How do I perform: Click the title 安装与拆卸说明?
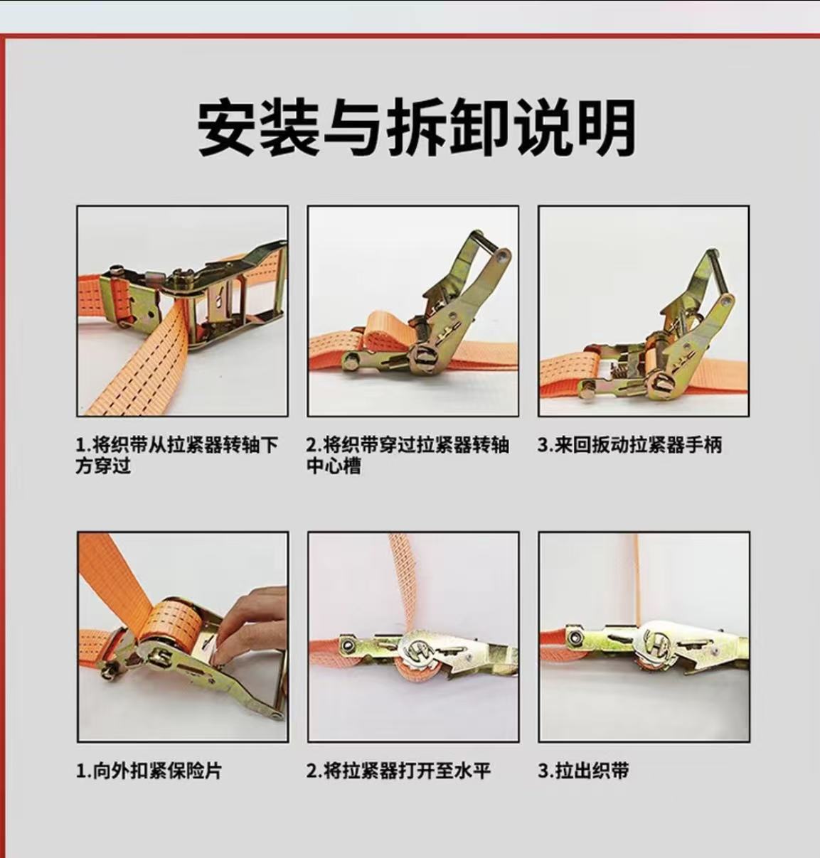click(415, 128)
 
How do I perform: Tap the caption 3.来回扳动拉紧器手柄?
click(629, 444)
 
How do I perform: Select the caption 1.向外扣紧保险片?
click(149, 771)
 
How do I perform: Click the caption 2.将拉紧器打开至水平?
click(398, 771)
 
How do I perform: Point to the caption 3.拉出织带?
click(583, 771)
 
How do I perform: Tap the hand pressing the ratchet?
click(249, 626)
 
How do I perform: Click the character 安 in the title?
click(227, 128)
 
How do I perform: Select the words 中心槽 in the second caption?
click(334, 466)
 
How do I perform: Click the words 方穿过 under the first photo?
click(103, 466)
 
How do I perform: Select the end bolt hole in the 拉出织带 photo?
click(573, 636)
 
